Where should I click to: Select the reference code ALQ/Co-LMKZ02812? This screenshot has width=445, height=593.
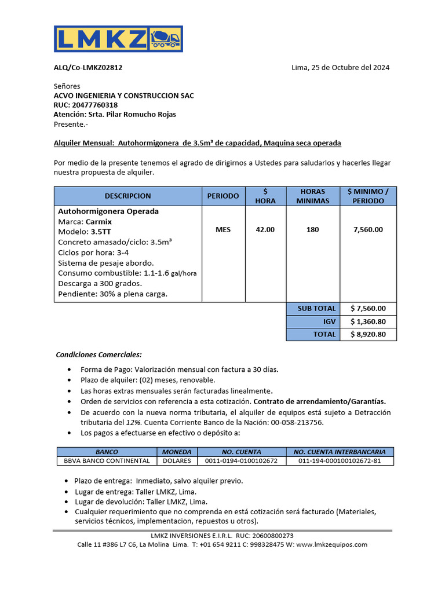click(88, 67)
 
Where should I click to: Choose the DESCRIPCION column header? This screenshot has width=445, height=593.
click(127, 196)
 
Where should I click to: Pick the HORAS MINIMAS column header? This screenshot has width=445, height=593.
click(312, 196)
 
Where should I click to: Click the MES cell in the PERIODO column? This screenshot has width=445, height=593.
click(223, 229)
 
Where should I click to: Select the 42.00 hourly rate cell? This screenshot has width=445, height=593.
click(265, 229)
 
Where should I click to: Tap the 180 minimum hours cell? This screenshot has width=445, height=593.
click(312, 229)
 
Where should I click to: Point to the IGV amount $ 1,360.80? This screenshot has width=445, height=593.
click(368, 321)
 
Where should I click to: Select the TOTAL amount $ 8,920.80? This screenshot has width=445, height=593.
click(368, 334)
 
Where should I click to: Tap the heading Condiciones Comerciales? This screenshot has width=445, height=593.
click(99, 354)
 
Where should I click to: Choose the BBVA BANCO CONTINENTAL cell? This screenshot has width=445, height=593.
click(107, 461)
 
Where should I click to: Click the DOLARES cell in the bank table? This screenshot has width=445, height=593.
click(177, 461)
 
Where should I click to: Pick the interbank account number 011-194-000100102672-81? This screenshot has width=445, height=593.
click(340, 461)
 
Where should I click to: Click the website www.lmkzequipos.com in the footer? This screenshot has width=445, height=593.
click(331, 544)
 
